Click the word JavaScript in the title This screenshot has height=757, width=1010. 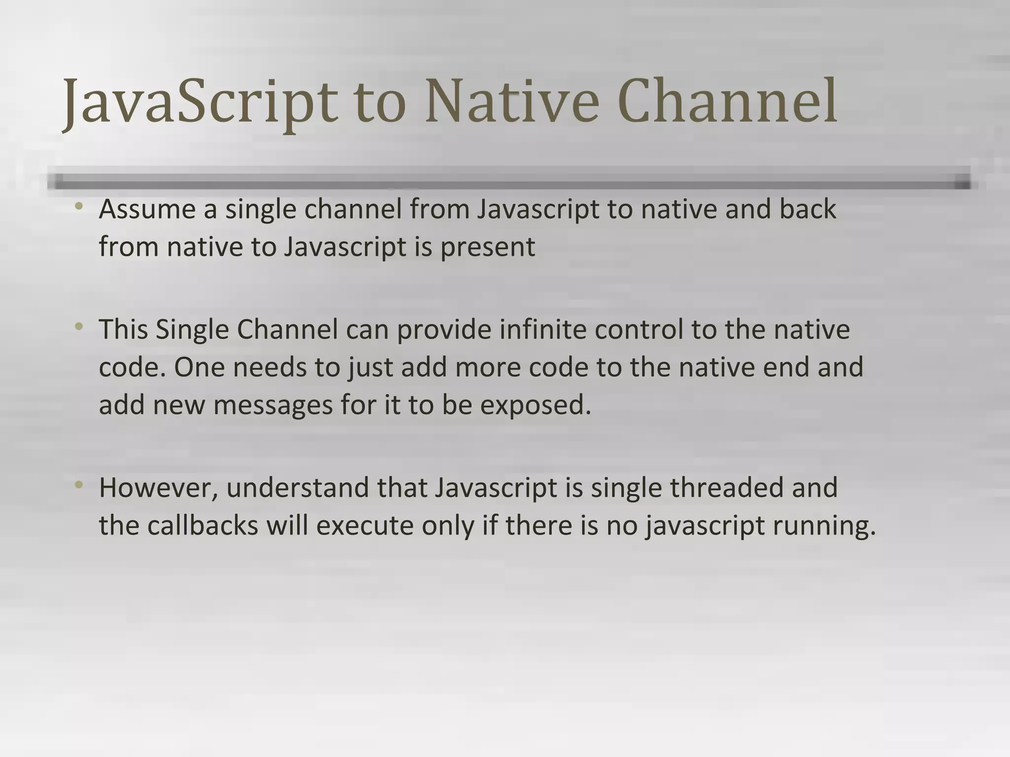(200, 103)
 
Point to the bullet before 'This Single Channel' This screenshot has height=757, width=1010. (79, 326)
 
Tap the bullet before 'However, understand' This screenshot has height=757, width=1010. (79, 484)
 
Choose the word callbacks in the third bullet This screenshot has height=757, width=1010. (203, 525)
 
